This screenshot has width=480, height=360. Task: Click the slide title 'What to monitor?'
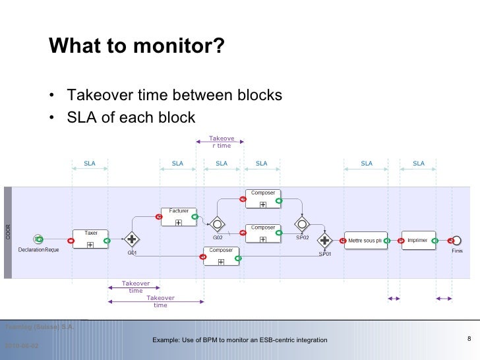tap(136, 47)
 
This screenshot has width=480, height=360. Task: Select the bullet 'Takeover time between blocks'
tap(174, 96)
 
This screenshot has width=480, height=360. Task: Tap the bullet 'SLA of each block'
tap(131, 117)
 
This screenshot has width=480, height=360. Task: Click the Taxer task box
tap(91, 239)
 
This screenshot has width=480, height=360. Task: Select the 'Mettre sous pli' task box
tap(365, 241)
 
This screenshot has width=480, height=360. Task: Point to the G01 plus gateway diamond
tap(133, 240)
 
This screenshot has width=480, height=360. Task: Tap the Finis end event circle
tap(456, 240)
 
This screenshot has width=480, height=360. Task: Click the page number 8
tap(468, 339)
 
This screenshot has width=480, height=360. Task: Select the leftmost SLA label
tap(89, 164)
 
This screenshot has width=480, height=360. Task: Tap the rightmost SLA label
tap(419, 164)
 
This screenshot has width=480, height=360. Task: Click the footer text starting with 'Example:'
tap(239, 340)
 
